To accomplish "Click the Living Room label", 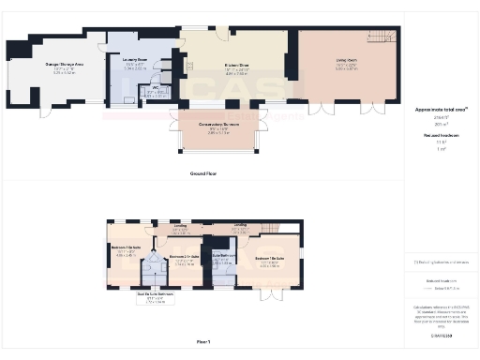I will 348,62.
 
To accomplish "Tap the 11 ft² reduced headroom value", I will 438,142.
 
